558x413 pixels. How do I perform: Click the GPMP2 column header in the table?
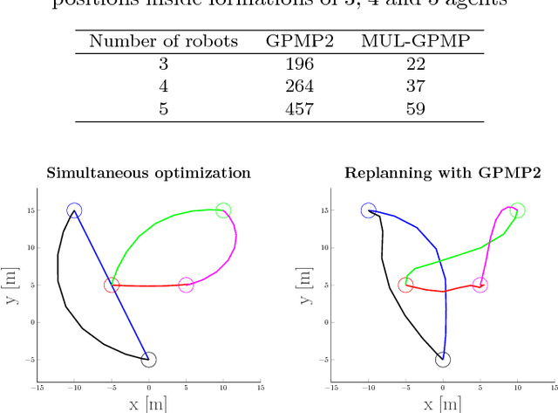[x=294, y=41]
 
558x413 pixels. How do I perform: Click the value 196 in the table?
[x=294, y=64]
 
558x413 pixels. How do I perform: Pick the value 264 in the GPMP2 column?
[x=294, y=86]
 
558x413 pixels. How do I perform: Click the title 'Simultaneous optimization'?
[x=149, y=173]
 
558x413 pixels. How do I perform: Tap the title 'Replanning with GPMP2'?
[x=443, y=173]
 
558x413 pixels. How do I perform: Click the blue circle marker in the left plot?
[x=74, y=210]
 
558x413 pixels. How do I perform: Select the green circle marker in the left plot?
[x=223, y=210]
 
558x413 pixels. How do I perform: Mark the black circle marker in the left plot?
[x=149, y=359]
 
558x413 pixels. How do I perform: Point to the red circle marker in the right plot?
[x=405, y=285]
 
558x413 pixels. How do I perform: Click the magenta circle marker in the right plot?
[x=480, y=285]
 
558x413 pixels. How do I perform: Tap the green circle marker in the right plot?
[x=517, y=210]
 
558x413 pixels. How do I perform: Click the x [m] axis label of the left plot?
[x=148, y=403]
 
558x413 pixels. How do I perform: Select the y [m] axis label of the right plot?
[x=307, y=285]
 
